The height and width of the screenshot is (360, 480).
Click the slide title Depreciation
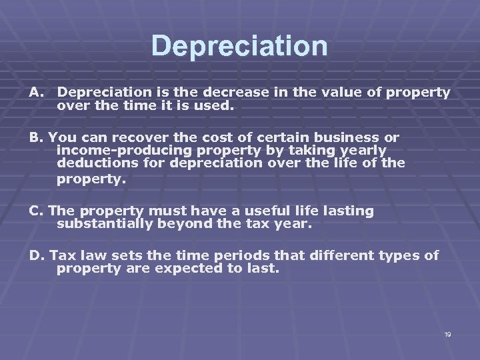pyautogui.click(x=239, y=46)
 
